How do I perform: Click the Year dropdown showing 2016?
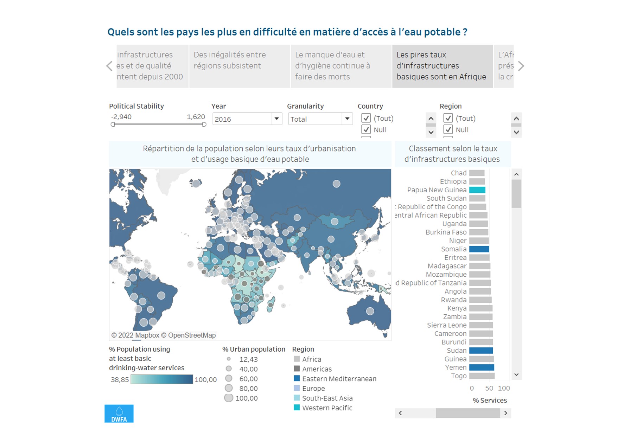tap(247, 119)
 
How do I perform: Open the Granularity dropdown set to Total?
tap(320, 119)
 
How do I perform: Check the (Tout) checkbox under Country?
tap(366, 118)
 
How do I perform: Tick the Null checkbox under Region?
tap(448, 130)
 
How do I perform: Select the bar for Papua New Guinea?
tap(477, 190)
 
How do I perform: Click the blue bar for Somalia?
tap(479, 249)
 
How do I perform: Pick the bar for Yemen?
tap(482, 367)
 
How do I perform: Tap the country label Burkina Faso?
tap(446, 232)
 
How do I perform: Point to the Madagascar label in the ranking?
tap(447, 266)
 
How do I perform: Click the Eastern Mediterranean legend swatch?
tap(297, 379)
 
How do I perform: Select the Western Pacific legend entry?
tap(327, 408)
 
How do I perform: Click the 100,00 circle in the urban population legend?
tap(229, 398)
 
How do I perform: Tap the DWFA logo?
tap(119, 413)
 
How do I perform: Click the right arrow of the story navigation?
tap(521, 66)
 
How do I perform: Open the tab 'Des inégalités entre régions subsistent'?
tap(239, 66)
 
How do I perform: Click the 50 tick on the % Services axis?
tap(489, 388)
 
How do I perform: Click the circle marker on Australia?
tap(370, 311)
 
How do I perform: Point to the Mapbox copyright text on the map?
tap(164, 335)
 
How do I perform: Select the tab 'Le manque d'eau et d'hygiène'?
tap(341, 66)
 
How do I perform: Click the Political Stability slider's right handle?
tap(204, 124)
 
